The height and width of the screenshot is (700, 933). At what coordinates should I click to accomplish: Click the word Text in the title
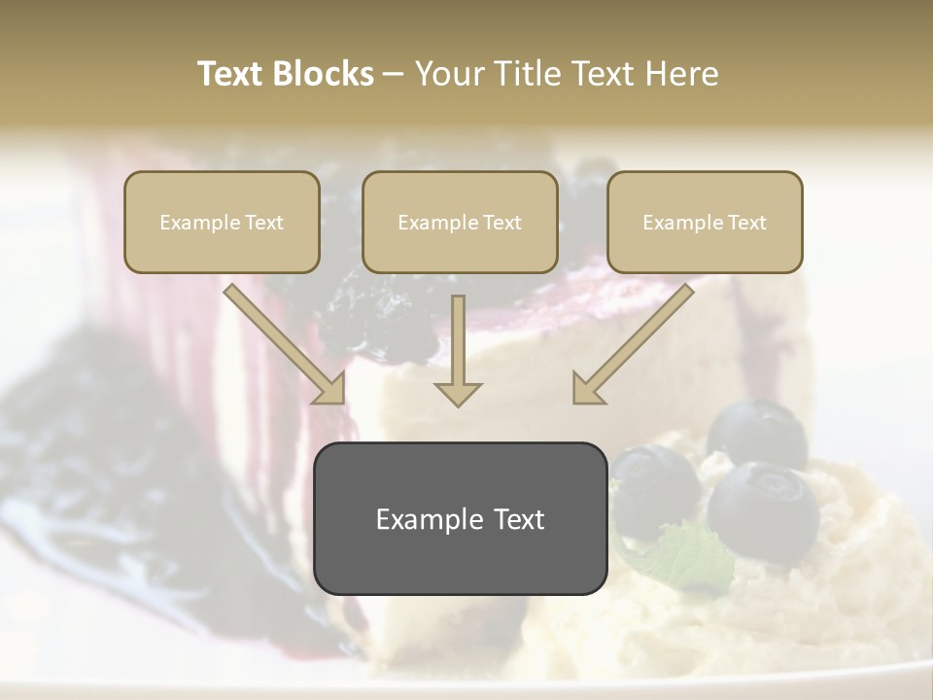pyautogui.click(x=232, y=74)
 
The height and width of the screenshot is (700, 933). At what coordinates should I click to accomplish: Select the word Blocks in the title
pyautogui.click(x=324, y=74)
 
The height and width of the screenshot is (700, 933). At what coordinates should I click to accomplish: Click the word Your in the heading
pyautogui.click(x=449, y=74)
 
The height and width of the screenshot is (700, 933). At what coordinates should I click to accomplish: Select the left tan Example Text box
pyautogui.click(x=222, y=223)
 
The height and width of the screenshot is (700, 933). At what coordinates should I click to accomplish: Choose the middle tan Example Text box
pyautogui.click(x=460, y=223)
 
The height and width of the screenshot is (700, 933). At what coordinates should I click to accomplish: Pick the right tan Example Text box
pyautogui.click(x=705, y=223)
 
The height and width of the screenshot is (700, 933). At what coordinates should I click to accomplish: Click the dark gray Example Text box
pyautogui.click(x=460, y=519)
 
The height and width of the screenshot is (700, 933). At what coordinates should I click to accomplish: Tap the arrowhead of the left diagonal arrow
pyautogui.click(x=330, y=389)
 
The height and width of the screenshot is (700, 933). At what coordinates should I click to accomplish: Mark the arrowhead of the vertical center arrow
pyautogui.click(x=458, y=393)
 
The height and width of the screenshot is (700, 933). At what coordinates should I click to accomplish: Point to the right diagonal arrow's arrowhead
pyautogui.click(x=586, y=389)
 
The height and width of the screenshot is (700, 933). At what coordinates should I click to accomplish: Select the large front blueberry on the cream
pyautogui.click(x=763, y=511)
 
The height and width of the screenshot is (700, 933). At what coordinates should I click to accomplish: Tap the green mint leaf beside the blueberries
pyautogui.click(x=690, y=554)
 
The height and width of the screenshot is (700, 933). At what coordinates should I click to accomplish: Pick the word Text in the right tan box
pyautogui.click(x=746, y=223)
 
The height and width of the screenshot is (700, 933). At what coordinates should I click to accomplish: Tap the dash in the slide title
pyautogui.click(x=394, y=75)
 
